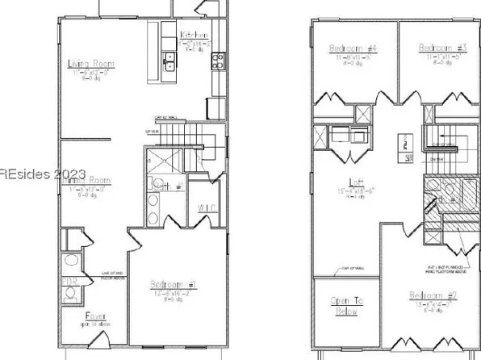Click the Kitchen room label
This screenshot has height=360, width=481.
point(195,35)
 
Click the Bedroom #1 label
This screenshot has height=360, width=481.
point(169,284)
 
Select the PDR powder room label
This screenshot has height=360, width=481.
point(70,283)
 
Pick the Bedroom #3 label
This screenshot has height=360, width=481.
point(438,48)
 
